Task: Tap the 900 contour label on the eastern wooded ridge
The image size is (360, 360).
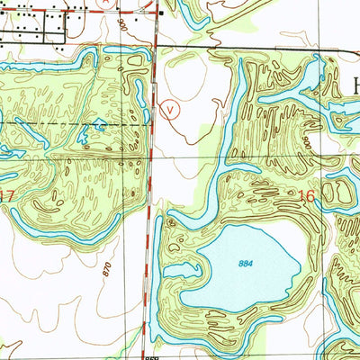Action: tap(308, 142)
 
